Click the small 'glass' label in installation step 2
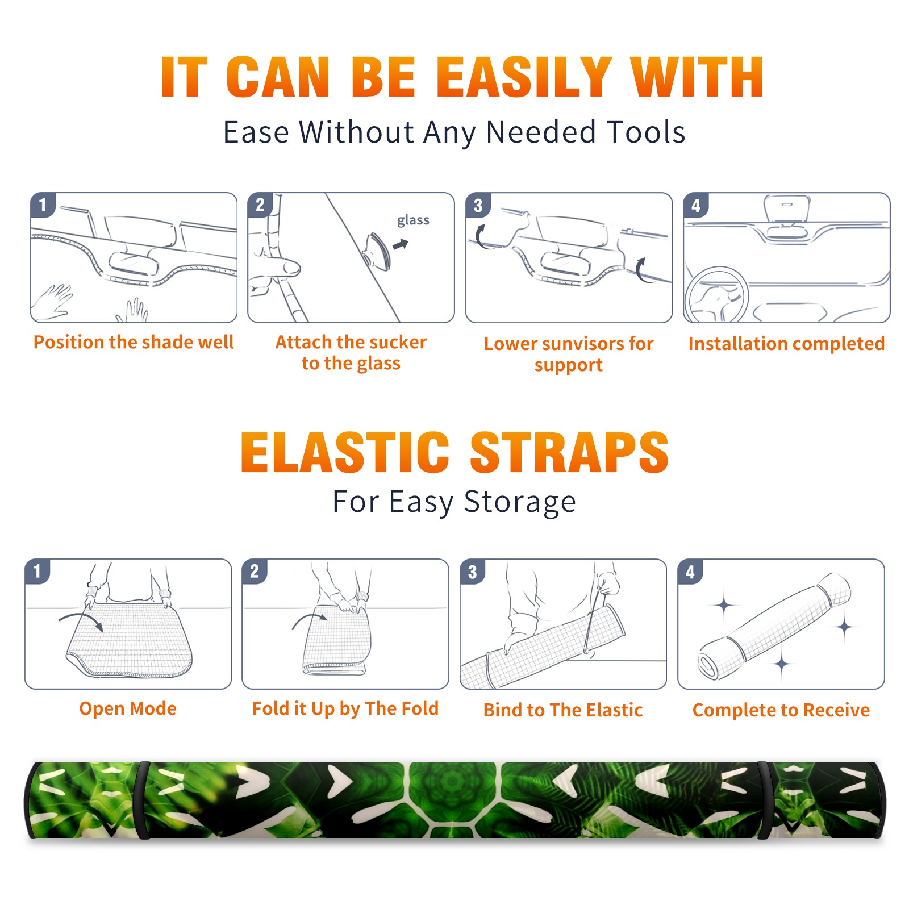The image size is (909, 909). [413, 220]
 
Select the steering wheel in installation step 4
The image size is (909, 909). [716, 295]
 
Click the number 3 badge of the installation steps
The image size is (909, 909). [478, 205]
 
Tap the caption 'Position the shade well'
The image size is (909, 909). [134, 342]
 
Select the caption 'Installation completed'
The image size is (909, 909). [786, 344]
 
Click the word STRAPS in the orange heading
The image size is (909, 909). [569, 452]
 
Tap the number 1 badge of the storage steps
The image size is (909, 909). [37, 571]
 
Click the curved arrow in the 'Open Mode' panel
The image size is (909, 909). [81, 620]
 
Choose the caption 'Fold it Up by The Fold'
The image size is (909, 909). [345, 709]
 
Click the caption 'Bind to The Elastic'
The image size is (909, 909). [563, 710]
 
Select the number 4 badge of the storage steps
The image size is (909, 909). [690, 572]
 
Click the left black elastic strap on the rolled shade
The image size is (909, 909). [143, 800]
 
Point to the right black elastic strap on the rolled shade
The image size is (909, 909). [766, 800]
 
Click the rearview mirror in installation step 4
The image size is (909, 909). [786, 209]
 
